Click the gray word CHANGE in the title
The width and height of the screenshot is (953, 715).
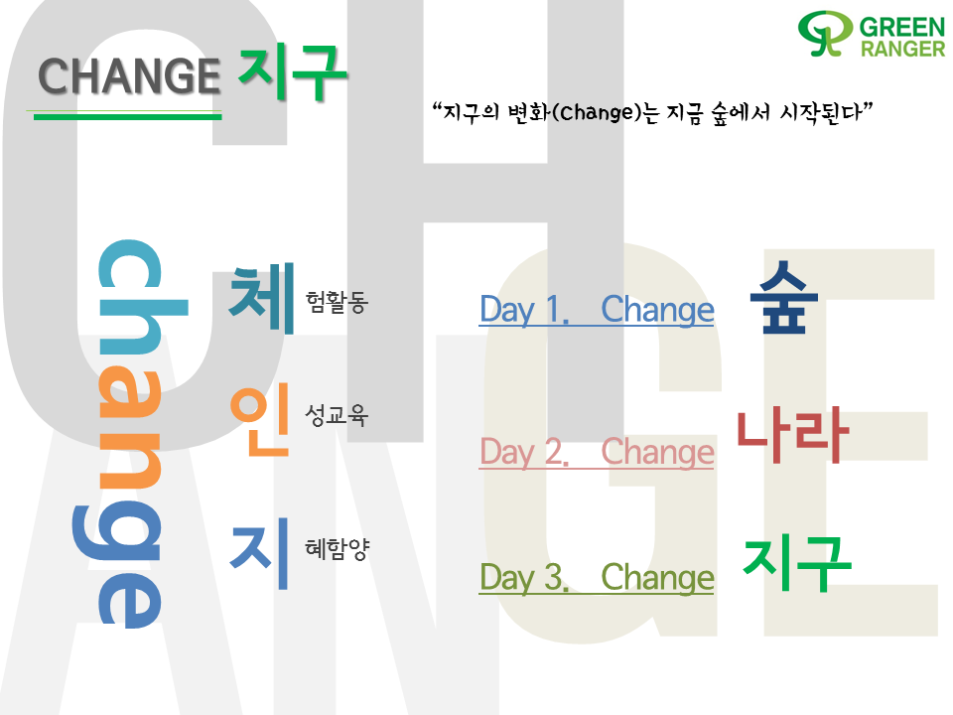pos(129,76)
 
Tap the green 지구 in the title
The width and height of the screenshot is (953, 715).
pos(292,72)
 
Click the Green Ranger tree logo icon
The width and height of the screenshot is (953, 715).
pos(825,34)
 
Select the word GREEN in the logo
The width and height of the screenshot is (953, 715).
pos(902,28)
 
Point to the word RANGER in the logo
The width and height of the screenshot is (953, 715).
pos(902,49)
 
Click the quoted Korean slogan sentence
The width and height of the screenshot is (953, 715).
pos(652,112)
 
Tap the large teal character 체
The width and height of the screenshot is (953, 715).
pos(262,298)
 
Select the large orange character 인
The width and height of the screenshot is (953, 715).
pos(260,419)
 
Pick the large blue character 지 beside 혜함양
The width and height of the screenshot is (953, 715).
pos(259,553)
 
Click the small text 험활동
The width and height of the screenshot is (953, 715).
pos(337,302)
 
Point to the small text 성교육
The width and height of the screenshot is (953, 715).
pos(337,415)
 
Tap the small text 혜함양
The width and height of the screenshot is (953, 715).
pos(337,548)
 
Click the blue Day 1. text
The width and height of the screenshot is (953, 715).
pos(524,310)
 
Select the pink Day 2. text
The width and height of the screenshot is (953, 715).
pos(524,453)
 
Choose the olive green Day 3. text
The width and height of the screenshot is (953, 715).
pos(524,577)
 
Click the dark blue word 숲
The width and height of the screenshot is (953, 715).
pos(784,297)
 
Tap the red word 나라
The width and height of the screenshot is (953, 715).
pos(792,435)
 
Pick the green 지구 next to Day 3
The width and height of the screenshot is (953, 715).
pos(797,563)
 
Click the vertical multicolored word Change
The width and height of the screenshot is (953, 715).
pos(130,434)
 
